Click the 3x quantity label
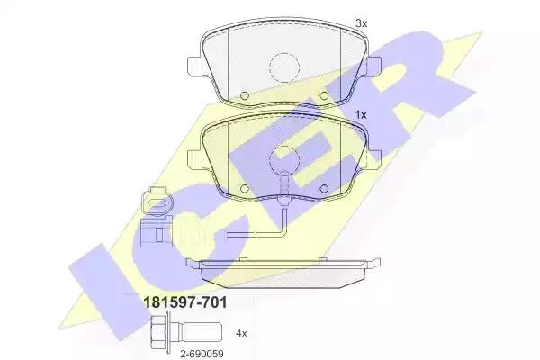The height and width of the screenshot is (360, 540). (362, 23)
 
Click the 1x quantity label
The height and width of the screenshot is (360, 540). (361, 115)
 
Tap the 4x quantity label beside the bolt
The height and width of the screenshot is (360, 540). (241, 333)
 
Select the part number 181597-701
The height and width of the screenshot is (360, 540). (184, 302)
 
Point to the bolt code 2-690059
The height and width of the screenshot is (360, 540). (202, 354)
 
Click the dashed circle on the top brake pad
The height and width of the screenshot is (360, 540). (284, 67)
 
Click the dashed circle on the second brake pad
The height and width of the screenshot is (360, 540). (284, 159)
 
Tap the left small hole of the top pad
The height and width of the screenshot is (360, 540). (245, 95)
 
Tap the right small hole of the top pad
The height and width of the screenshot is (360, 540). (324, 95)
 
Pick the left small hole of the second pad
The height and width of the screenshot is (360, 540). (245, 189)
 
